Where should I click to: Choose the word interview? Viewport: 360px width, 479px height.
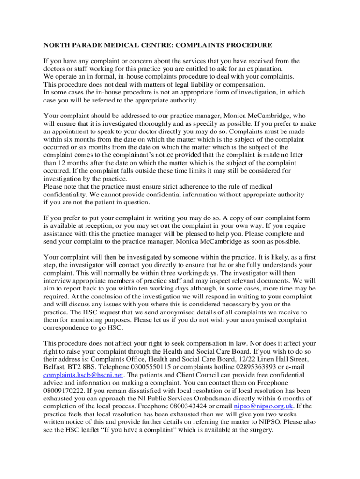click(x=55, y=280)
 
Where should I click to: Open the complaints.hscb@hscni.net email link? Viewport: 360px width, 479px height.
click(x=83, y=375)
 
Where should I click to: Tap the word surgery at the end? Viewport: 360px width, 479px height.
click(x=259, y=430)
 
